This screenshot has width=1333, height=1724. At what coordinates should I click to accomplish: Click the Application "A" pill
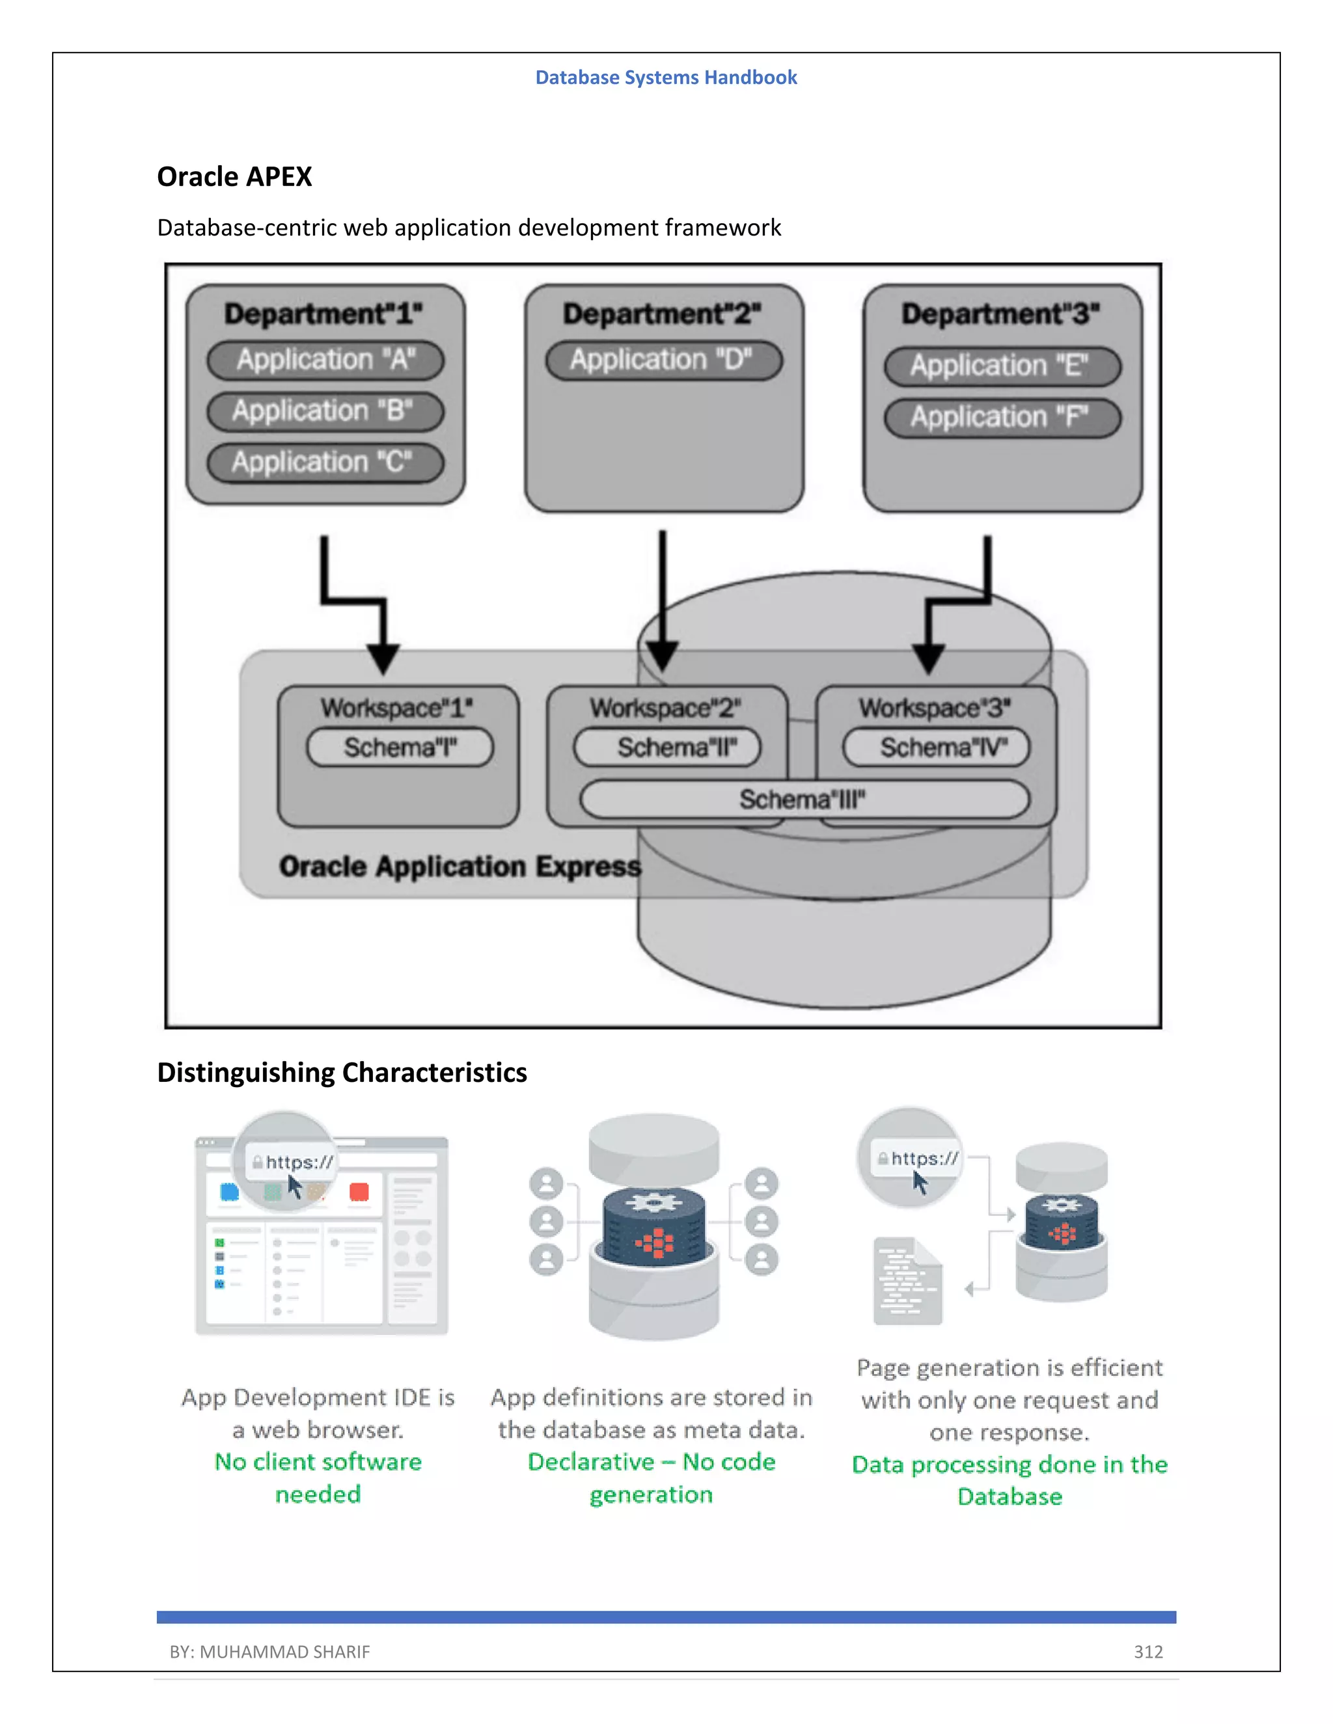point(325,360)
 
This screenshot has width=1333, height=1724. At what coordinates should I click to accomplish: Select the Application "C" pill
point(325,463)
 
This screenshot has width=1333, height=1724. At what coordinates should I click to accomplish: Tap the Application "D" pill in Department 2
point(663,360)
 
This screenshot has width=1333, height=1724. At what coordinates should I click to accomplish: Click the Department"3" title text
point(1000,314)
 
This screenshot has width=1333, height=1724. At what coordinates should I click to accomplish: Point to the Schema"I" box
point(400,748)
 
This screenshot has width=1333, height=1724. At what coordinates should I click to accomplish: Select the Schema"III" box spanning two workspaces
point(804,800)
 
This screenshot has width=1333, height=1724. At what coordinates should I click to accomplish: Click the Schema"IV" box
point(936,748)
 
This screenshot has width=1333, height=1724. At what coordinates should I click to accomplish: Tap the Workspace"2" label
point(665,708)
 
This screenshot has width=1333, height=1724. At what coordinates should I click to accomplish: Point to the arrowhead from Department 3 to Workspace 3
point(929,658)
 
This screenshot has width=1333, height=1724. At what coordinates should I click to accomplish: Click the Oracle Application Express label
point(460,867)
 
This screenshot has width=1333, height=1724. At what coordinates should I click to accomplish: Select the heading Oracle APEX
point(234,177)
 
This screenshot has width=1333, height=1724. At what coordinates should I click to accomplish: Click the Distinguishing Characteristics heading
point(342,1073)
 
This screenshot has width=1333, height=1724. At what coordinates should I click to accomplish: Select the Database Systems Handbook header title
point(666,77)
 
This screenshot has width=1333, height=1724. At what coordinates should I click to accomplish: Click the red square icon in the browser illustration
point(359,1192)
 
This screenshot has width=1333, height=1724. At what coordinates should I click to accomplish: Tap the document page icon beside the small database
point(907,1281)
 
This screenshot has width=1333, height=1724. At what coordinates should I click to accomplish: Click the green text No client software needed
point(318,1477)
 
